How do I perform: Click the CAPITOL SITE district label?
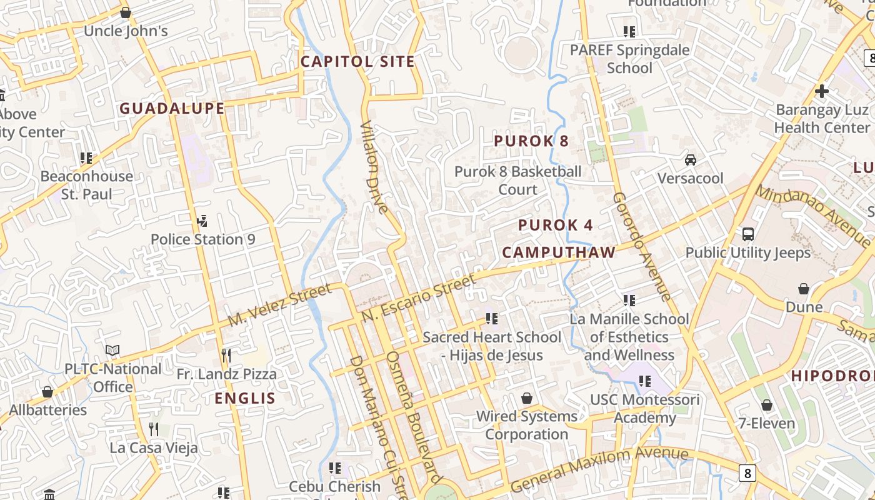pos(357,61)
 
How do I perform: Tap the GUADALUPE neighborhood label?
pos(172,108)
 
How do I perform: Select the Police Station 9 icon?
pos(202,221)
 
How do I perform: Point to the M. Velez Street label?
pos(279,304)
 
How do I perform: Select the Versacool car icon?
pos(691,159)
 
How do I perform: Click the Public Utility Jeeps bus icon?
pos(748,234)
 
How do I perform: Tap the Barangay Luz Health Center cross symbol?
pos(822,91)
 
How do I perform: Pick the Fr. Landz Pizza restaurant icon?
pos(226,356)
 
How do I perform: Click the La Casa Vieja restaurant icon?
pos(154,429)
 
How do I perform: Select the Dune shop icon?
pos(804,289)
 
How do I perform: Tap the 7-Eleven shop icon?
pos(767,405)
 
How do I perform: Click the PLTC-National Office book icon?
pos(112,351)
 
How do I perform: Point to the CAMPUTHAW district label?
pos(559,252)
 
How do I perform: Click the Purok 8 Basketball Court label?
pos(517,180)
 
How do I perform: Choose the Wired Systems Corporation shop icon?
pos(527,398)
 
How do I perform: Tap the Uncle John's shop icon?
pos(126,12)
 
